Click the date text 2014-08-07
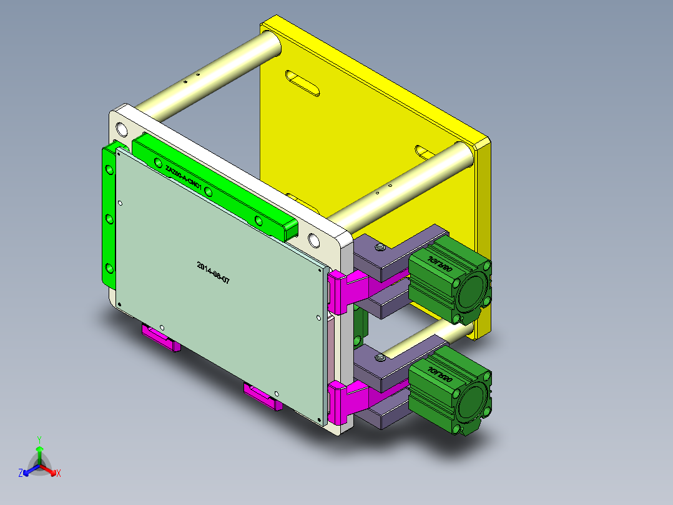click(213, 273)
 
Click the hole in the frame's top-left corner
click(121, 129)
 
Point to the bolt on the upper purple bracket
click(379, 249)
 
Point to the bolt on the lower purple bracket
click(379, 358)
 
